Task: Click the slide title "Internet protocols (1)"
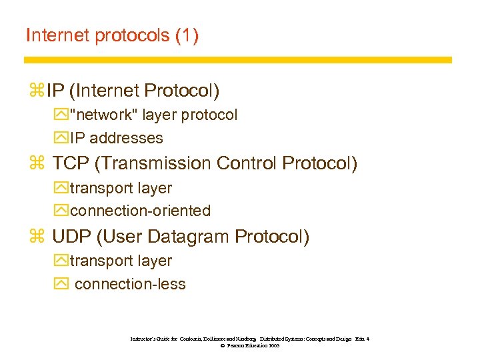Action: (112, 36)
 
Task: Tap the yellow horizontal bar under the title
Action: (238, 60)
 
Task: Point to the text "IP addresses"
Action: (116, 138)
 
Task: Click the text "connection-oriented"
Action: (140, 211)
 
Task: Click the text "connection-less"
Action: (130, 284)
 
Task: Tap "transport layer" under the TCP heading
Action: (121, 188)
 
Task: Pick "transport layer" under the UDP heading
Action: (121, 261)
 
